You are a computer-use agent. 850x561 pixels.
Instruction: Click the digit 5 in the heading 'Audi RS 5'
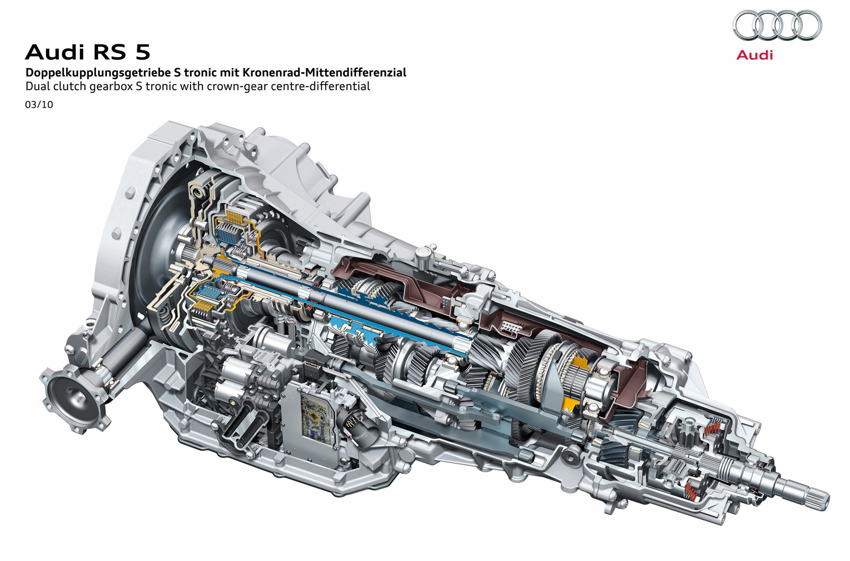coord(143,52)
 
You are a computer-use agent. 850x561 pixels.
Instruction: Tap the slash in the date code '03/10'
coord(39,105)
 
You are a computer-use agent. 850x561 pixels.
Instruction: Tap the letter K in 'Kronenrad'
coord(246,73)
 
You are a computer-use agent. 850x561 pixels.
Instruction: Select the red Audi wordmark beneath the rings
coord(754,55)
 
